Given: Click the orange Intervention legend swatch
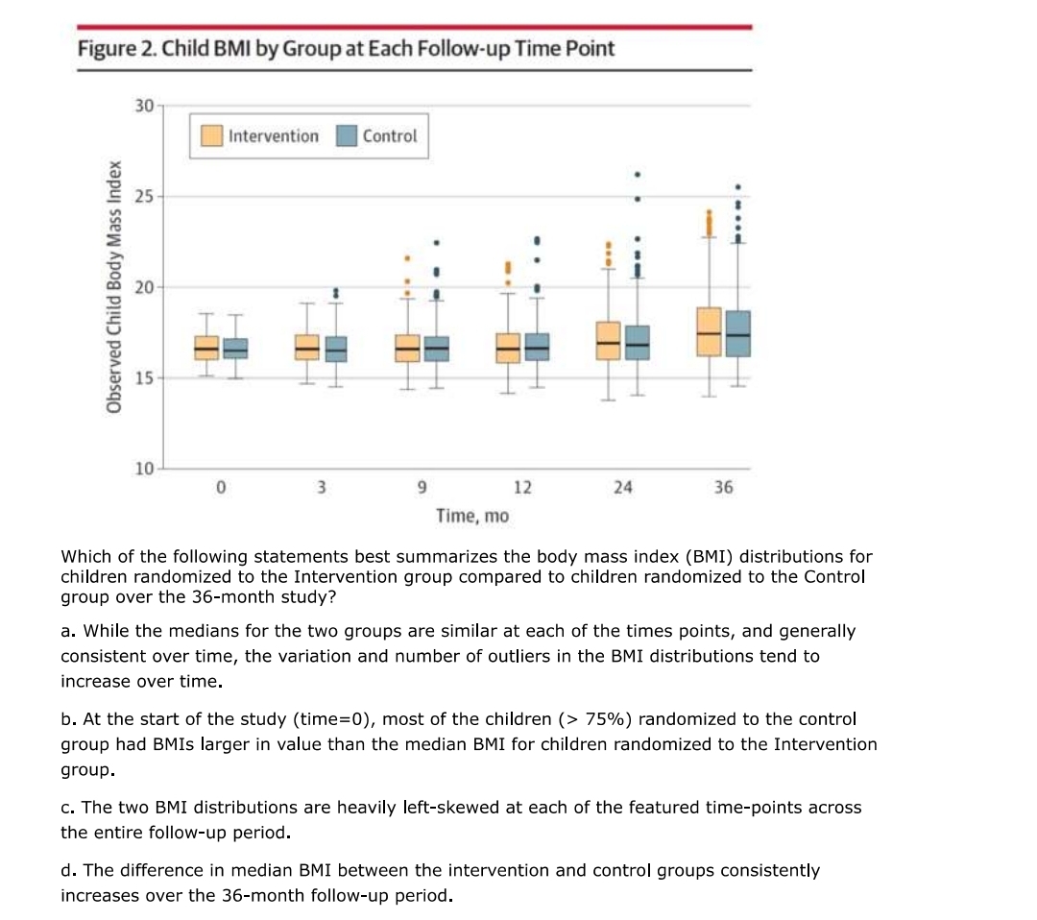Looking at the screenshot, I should point(212,136).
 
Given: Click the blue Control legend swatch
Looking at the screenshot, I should point(347,136).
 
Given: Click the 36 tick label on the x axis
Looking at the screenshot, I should point(723,487).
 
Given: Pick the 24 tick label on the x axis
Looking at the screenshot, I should point(622,487).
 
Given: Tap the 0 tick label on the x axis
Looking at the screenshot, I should point(220,487).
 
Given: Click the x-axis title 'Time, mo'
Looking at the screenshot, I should point(472,516).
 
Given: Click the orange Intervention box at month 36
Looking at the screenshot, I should point(709,331).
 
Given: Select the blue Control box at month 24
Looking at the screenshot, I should point(637,343).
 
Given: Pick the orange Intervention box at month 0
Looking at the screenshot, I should point(206,348).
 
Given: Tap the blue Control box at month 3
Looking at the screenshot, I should point(336,349).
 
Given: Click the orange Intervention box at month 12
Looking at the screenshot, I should point(508,348).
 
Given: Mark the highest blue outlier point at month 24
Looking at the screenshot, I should point(637,175).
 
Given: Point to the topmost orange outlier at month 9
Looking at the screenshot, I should point(407,258).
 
